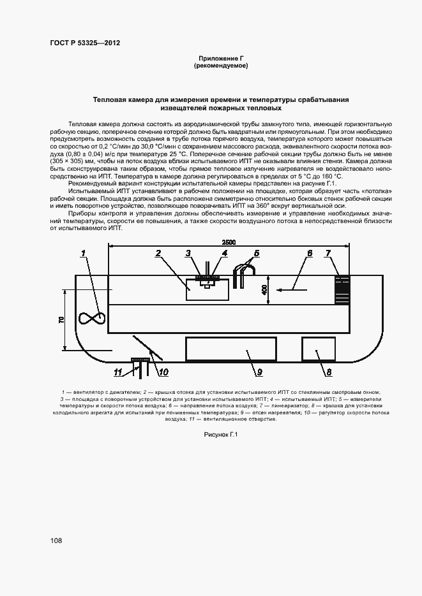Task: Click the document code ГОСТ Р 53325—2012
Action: pyautogui.click(x=85, y=43)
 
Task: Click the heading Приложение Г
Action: pyautogui.click(x=220, y=58)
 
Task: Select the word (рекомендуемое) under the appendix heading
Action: pyautogui.click(x=220, y=66)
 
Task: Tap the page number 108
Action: pyautogui.click(x=56, y=541)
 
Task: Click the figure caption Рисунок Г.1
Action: pyautogui.click(x=220, y=434)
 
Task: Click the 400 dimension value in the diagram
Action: pyautogui.click(x=264, y=290)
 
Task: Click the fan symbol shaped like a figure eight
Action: pyautogui.click(x=91, y=318)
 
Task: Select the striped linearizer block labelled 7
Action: pyautogui.click(x=343, y=290)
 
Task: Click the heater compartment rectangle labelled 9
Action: pyautogui.click(x=230, y=349)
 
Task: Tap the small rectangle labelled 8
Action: pyautogui.click(x=319, y=349)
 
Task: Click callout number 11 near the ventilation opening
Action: pyautogui.click(x=117, y=372)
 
